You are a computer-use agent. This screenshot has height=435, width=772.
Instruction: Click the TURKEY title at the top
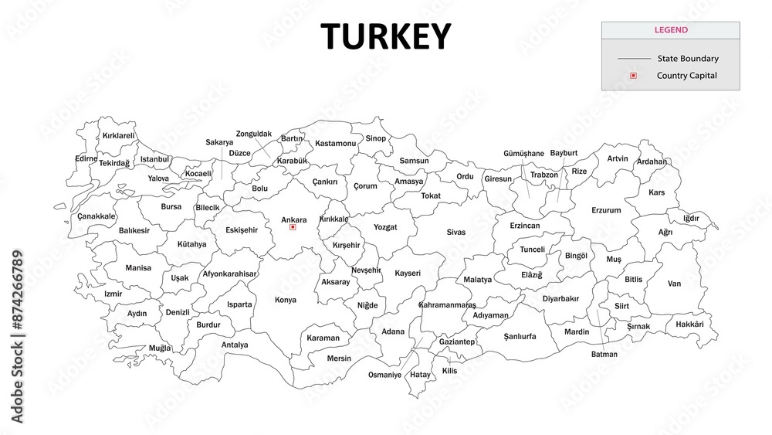(385, 36)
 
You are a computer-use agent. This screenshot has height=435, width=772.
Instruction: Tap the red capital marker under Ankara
(293, 227)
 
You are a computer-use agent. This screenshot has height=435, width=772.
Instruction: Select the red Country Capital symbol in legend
(633, 76)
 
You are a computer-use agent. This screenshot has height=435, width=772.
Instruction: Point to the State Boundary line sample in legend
(634, 59)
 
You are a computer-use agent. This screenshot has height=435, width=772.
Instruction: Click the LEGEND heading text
(670, 30)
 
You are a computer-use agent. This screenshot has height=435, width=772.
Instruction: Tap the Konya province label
(285, 300)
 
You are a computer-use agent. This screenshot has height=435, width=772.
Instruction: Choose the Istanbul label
(154, 159)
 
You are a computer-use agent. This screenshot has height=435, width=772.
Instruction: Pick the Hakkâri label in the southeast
(689, 324)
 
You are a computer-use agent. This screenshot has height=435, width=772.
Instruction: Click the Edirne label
(86, 158)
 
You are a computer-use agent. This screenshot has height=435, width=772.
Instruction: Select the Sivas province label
(456, 232)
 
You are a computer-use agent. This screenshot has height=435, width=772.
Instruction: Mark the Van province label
(674, 284)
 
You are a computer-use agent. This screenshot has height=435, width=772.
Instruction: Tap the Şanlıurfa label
(520, 336)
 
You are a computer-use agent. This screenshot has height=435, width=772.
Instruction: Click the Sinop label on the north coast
(375, 138)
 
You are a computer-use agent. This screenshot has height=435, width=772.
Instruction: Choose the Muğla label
(160, 348)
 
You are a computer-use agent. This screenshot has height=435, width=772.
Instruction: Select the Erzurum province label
(606, 210)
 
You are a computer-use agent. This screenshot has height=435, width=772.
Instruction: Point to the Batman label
(604, 355)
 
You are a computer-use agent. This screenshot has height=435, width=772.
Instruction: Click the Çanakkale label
(96, 216)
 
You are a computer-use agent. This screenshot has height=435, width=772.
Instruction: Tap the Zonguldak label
(254, 134)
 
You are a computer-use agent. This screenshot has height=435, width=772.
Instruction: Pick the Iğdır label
(691, 218)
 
